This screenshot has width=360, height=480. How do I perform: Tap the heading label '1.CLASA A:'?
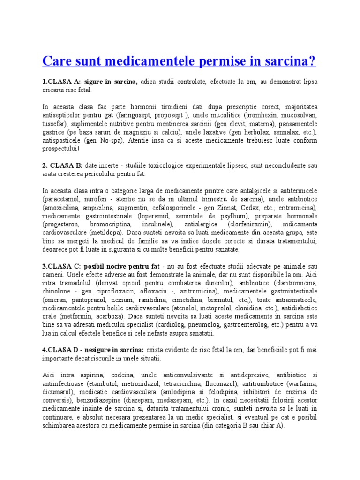tap(62, 82)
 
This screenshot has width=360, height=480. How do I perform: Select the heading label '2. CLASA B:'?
tap(63, 165)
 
